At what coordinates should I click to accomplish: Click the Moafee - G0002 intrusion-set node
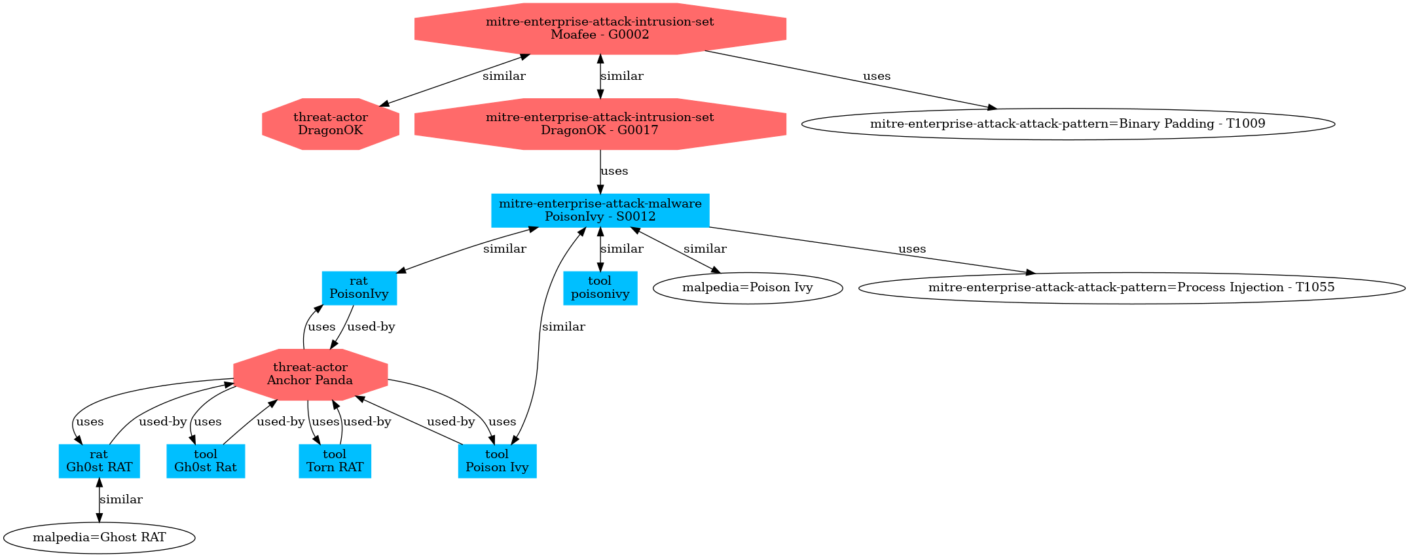click(x=600, y=28)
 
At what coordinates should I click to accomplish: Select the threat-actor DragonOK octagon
click(x=330, y=124)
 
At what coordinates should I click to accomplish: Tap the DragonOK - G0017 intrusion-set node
click(x=600, y=124)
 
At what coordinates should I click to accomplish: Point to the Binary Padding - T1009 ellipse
click(x=1067, y=124)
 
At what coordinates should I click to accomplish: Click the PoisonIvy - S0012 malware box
click(x=600, y=210)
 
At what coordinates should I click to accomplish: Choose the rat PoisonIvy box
click(x=359, y=287)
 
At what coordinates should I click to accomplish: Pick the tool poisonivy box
click(x=600, y=287)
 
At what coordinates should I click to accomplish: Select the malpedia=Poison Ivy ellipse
click(x=747, y=287)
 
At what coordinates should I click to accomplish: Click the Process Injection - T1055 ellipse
click(x=1131, y=287)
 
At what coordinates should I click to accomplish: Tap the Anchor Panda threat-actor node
click(x=310, y=374)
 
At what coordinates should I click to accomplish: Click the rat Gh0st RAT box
click(x=99, y=461)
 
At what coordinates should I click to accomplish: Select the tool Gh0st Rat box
click(x=206, y=461)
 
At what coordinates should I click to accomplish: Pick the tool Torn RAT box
click(x=335, y=461)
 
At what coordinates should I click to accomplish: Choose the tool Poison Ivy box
click(x=497, y=461)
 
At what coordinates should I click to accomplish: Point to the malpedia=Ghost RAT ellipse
click(x=99, y=537)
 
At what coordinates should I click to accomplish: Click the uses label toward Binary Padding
click(x=877, y=76)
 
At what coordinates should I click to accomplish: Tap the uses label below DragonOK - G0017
click(x=614, y=171)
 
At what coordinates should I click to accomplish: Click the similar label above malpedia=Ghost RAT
click(x=121, y=499)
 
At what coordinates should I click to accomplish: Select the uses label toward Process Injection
click(x=912, y=249)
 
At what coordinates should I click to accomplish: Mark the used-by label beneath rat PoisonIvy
click(x=371, y=327)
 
